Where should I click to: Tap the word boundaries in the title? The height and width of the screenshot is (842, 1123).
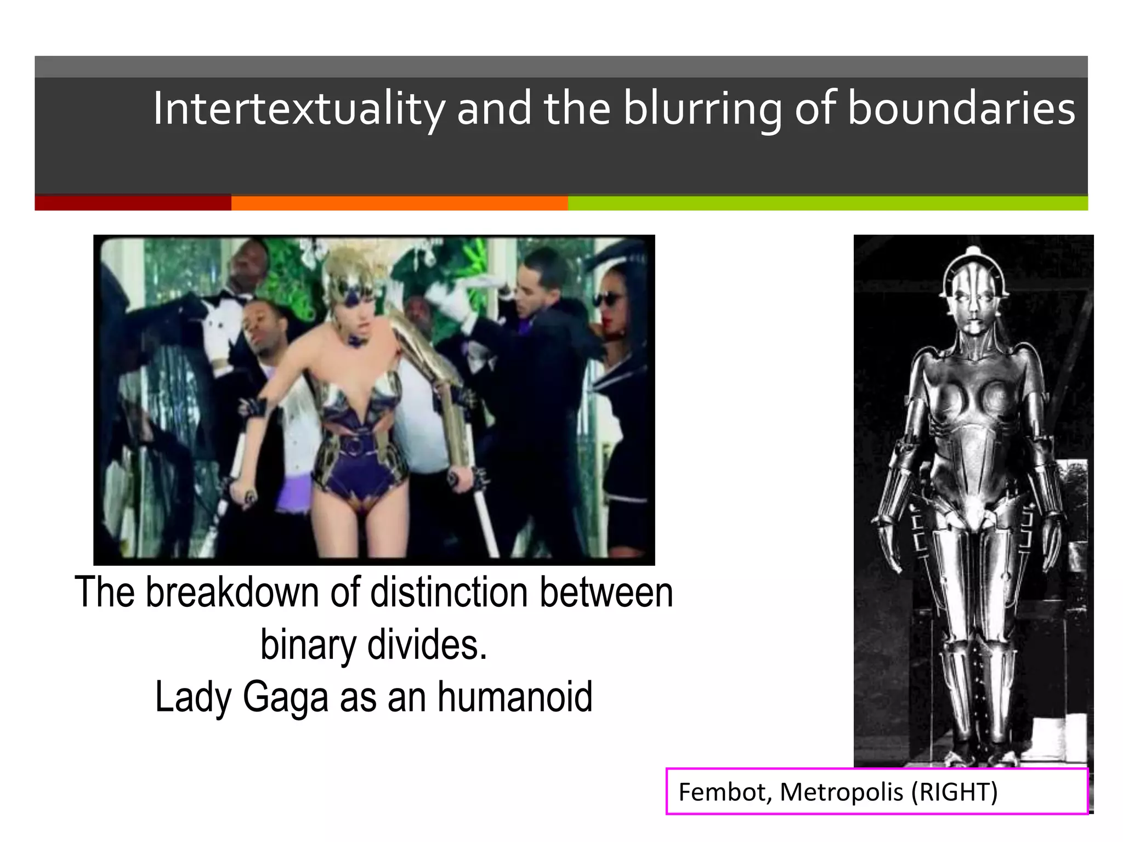point(961,109)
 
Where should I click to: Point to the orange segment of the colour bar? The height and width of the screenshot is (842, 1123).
point(399,203)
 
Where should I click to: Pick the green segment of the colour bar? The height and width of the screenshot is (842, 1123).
point(827,203)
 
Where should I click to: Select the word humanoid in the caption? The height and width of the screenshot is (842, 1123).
point(515,697)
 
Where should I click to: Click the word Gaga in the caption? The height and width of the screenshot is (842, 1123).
point(285,697)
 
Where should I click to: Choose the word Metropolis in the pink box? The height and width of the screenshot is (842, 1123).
point(841,792)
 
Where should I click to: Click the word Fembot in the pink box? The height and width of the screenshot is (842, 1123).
point(723,792)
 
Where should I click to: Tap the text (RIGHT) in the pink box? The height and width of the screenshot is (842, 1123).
point(954,792)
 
